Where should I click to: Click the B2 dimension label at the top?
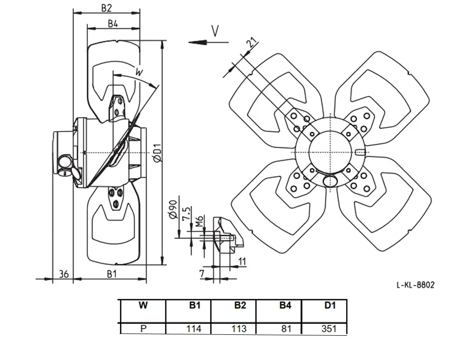coord(107,8)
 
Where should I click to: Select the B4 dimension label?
coord(113,24)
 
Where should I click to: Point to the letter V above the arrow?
coord(216,31)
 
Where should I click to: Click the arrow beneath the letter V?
coord(208,42)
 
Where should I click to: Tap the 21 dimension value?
coord(252,43)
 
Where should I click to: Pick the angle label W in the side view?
coord(139,71)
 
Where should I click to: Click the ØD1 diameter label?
coord(158,153)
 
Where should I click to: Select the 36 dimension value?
coord(64,274)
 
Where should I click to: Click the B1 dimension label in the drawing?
coord(112,274)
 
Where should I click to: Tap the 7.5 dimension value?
coord(187,213)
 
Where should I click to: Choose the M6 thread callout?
coord(200,221)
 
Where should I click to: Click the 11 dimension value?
coord(242,261)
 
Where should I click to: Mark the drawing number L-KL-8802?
coord(415,285)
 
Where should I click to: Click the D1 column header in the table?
coord(330,305)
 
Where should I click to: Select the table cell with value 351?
coord(329,329)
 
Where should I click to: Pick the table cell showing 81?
coord(286,329)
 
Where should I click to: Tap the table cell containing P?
coord(143,329)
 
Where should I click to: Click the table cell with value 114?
coord(194,329)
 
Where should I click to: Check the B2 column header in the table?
coord(240,305)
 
